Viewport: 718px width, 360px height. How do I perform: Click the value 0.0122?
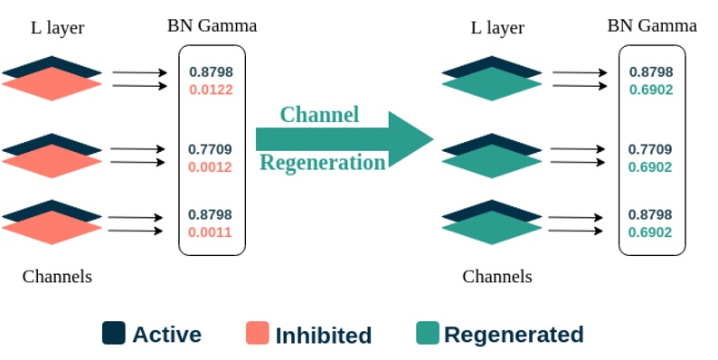point(210,89)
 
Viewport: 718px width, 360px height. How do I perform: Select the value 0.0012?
point(210,166)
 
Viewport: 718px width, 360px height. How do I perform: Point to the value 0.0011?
point(210,232)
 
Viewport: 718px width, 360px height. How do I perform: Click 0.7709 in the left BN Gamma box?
point(210,149)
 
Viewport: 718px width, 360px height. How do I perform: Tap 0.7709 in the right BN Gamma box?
point(650,149)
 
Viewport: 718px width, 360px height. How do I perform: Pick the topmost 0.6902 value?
point(650,89)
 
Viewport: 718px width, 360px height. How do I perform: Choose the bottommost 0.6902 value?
point(650,232)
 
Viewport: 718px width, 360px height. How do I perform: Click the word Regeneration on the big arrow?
point(323,163)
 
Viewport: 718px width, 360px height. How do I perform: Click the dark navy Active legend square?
point(114,333)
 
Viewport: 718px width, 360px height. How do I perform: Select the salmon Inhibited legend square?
point(258,333)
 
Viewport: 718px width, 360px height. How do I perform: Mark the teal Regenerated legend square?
point(427,333)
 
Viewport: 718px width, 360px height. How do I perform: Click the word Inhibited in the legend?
point(323,335)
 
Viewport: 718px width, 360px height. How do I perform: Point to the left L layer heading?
point(57,28)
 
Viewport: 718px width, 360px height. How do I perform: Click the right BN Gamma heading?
point(651,26)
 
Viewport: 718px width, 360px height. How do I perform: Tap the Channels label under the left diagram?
point(57,277)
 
